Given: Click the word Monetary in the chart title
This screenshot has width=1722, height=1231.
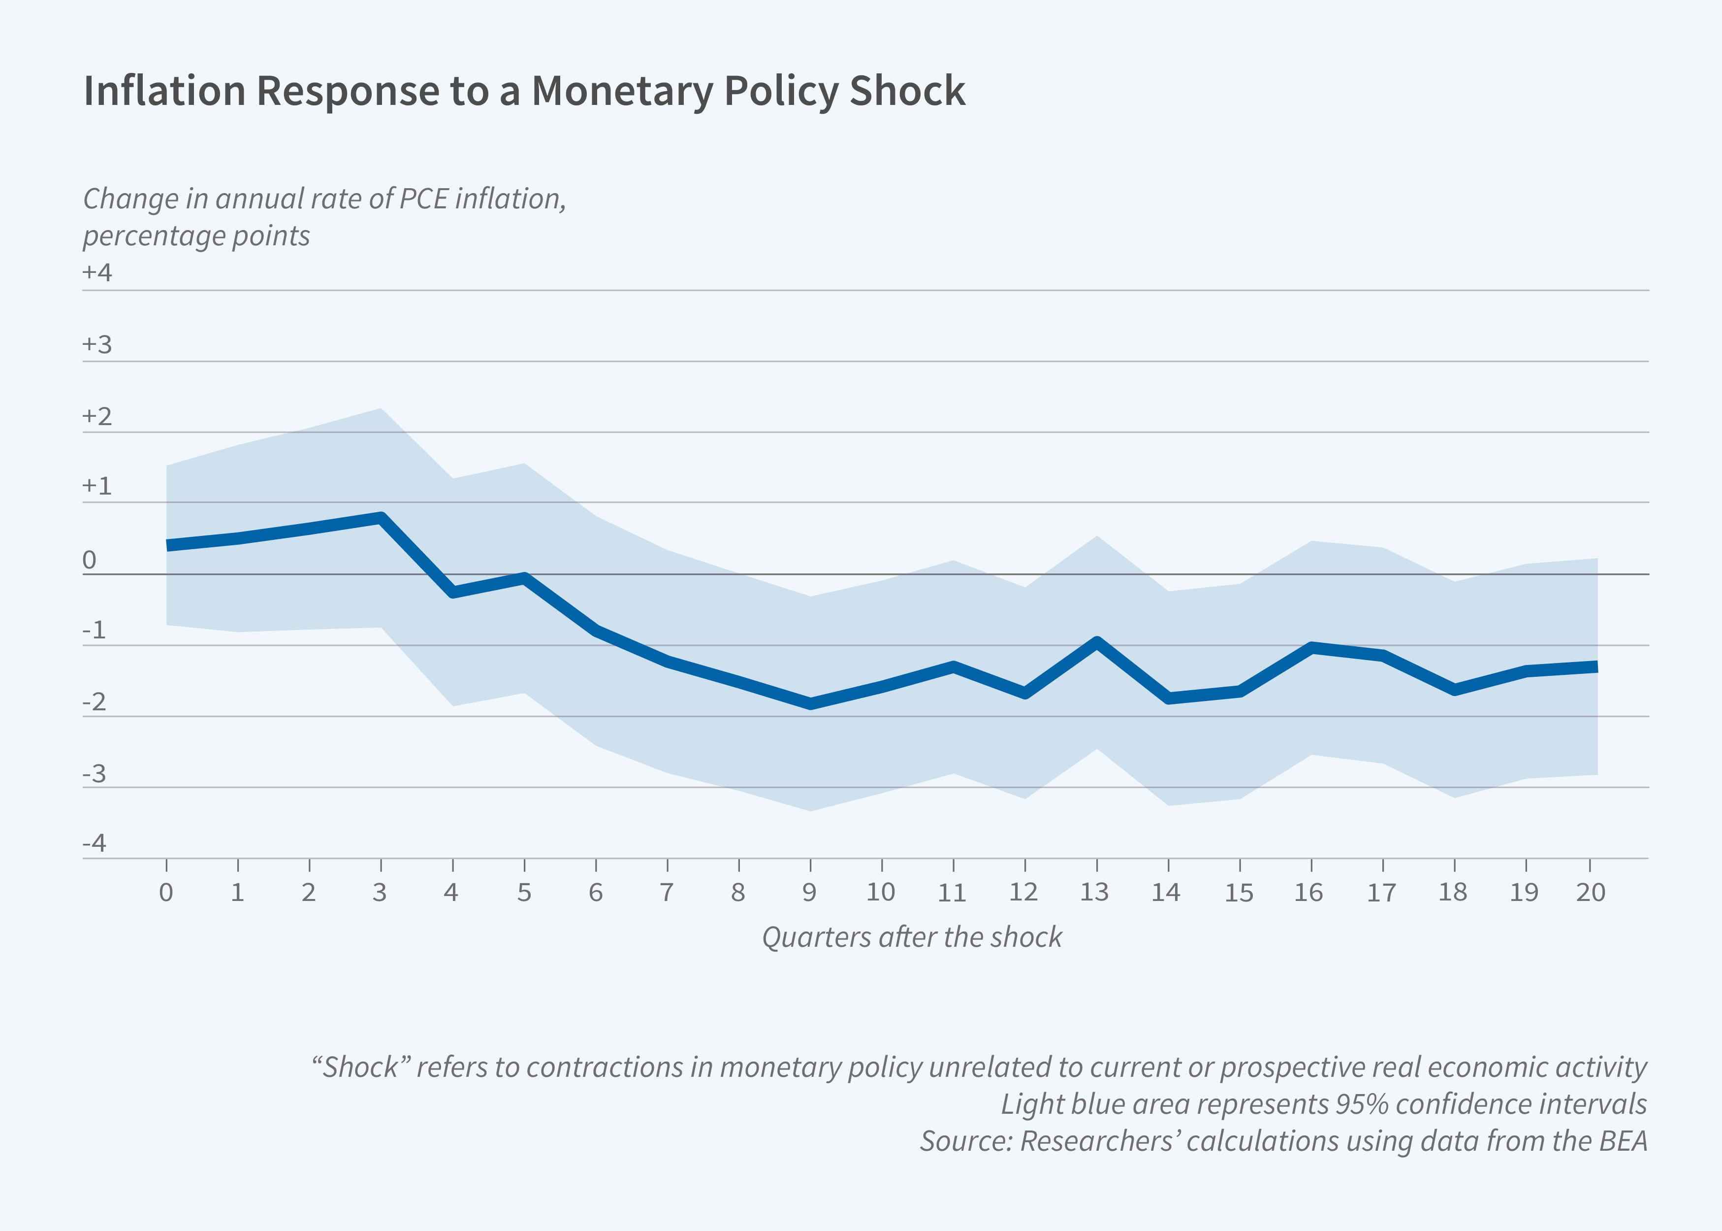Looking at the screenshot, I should click(621, 91).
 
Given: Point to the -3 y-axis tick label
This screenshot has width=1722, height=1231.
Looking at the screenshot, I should click(95, 774).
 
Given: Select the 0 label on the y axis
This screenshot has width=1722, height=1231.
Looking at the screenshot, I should click(90, 560).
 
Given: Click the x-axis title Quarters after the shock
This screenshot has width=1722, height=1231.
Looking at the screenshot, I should click(911, 937).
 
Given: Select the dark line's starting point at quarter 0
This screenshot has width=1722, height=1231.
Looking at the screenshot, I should click(167, 545).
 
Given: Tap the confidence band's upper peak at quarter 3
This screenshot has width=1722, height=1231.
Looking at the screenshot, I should click(381, 409).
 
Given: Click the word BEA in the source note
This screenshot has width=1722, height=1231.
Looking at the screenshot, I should click(1624, 1141).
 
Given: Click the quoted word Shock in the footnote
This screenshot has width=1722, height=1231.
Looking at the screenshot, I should click(361, 1067).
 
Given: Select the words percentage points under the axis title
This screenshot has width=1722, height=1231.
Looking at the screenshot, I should click(196, 236).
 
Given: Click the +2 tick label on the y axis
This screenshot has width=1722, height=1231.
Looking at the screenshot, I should click(97, 416).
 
